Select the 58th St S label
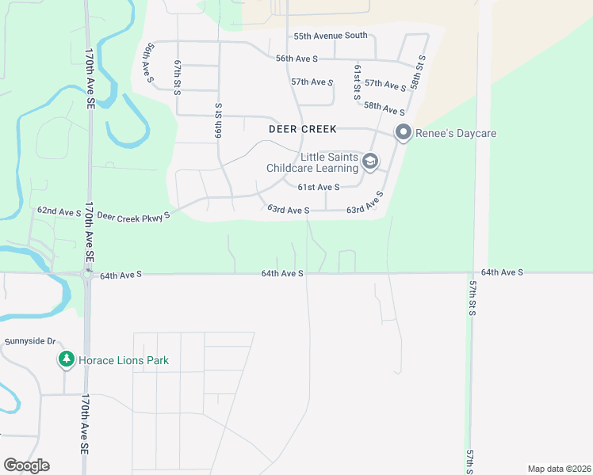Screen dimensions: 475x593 [419, 73]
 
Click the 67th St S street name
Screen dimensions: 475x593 [178, 77]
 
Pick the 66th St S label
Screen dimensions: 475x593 [216, 122]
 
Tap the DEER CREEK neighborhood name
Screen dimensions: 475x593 [302, 128]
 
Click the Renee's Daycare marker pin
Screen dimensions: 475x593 [404, 133]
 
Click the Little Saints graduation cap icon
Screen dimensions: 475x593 [369, 162]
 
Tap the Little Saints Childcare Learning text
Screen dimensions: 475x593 [312, 162]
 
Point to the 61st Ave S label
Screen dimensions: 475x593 [319, 187]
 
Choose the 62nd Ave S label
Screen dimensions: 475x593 [59, 212]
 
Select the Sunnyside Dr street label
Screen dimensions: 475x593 [30, 342]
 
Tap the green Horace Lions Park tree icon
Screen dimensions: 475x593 [67, 360]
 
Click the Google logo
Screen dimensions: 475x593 [26, 465]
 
